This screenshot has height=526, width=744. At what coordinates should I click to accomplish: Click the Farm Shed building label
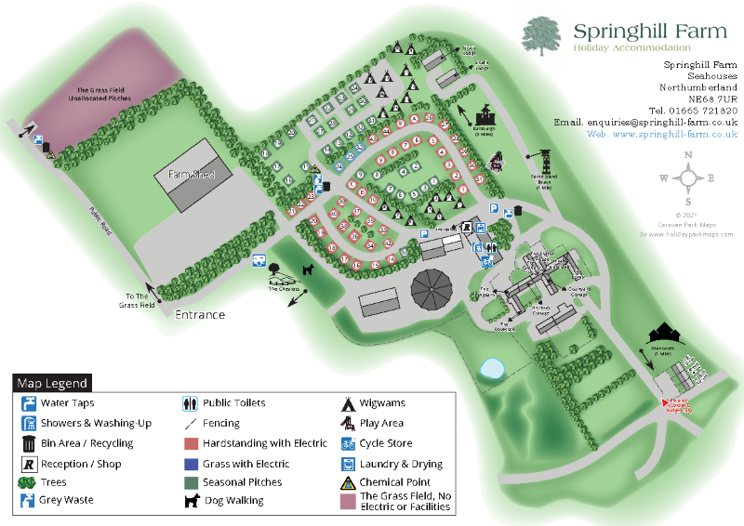coord(192,175)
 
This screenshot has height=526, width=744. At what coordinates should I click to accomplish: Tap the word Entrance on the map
coord(200,314)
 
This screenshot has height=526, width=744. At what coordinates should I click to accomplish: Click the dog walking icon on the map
coord(307,270)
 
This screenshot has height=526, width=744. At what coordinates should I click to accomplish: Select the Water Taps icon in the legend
coord(29,403)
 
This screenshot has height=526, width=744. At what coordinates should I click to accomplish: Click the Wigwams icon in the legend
coord(348,403)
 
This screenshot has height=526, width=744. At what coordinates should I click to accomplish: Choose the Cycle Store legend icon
coord(348,443)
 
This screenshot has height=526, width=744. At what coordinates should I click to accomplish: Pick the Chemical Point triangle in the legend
coord(348,482)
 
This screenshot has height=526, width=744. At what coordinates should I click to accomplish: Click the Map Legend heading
coord(52,383)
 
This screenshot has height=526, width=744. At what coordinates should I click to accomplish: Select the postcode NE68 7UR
coord(712,98)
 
